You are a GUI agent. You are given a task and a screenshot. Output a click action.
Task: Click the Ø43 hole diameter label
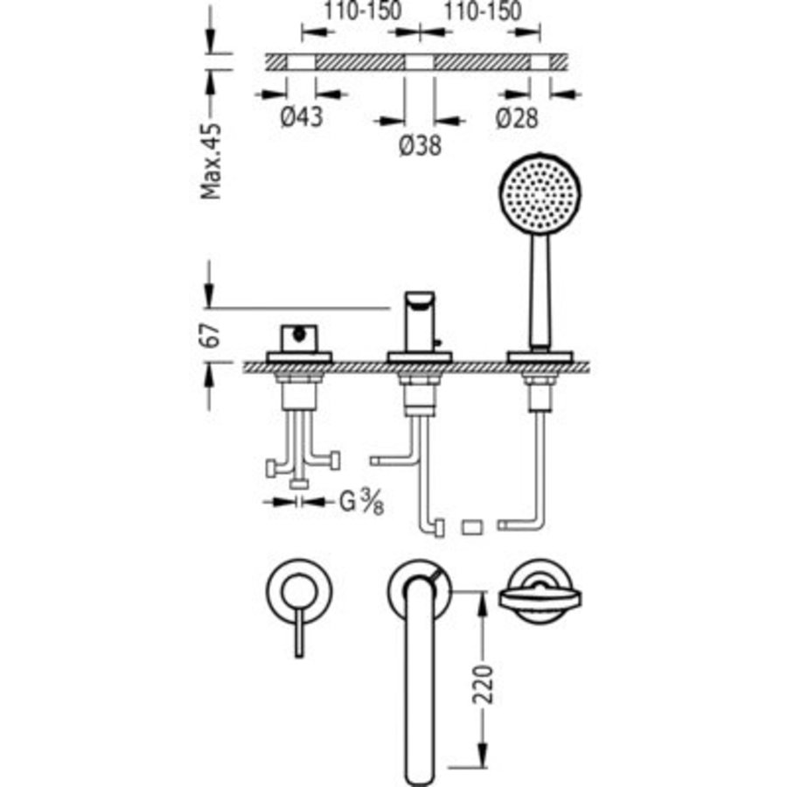pos(301,117)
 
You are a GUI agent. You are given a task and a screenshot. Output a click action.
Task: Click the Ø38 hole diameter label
pos(419,146)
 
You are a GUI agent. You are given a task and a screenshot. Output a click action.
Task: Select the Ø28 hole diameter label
pos(516,117)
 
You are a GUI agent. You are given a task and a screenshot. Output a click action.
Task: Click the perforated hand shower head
pos(539,190)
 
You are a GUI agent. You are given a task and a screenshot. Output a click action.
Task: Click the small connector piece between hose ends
pos(471,526)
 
